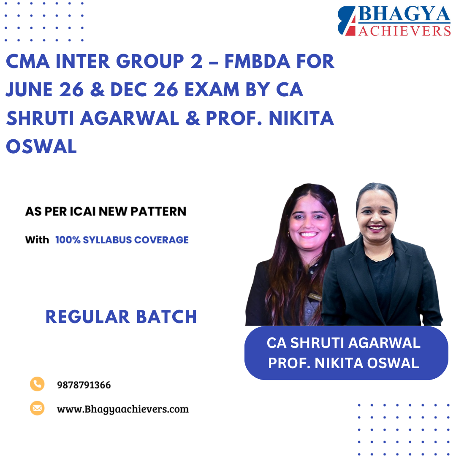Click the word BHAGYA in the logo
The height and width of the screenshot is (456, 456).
click(x=404, y=14)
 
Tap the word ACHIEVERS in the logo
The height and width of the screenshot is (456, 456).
click(x=404, y=30)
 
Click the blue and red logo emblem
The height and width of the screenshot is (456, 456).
click(x=347, y=21)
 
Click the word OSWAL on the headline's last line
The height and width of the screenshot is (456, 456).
click(x=41, y=147)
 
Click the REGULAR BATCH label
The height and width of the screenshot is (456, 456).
click(x=121, y=317)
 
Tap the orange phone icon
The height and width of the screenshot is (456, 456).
click(x=37, y=384)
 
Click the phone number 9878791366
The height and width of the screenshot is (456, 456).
click(x=84, y=385)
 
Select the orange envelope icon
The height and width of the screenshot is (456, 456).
click(x=37, y=408)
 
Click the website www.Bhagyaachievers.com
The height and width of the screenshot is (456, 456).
click(x=122, y=409)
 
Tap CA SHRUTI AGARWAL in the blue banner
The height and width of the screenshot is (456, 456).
click(x=343, y=343)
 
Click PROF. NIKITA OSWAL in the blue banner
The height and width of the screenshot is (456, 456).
click(x=343, y=363)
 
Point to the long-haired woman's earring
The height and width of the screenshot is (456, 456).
click(x=289, y=233)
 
